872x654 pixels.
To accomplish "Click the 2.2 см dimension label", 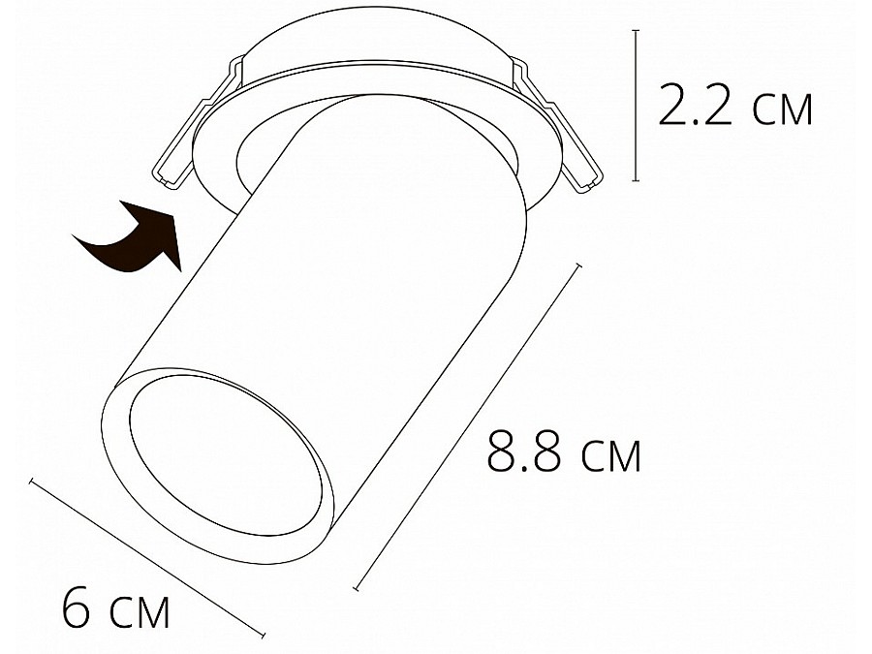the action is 735,105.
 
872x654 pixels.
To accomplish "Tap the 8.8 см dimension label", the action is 564,451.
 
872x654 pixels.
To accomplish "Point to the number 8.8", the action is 524,451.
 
